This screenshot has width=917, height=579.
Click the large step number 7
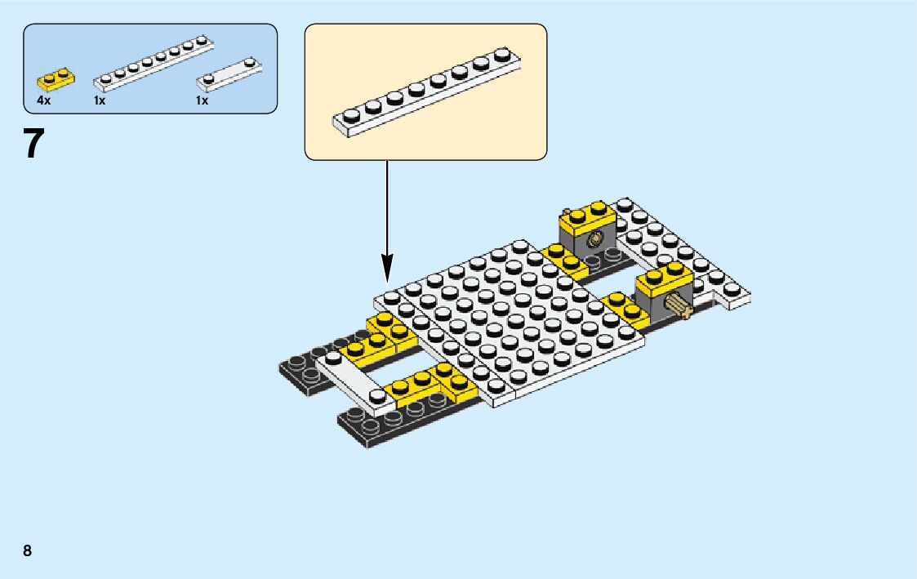33,144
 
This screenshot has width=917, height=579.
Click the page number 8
28,550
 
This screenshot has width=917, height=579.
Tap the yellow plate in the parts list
54,80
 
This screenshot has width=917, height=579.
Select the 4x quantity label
43,100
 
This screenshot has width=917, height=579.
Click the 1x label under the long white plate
100,100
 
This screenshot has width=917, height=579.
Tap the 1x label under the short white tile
202,100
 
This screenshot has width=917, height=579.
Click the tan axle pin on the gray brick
677,307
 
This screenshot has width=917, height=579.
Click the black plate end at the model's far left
297,372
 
